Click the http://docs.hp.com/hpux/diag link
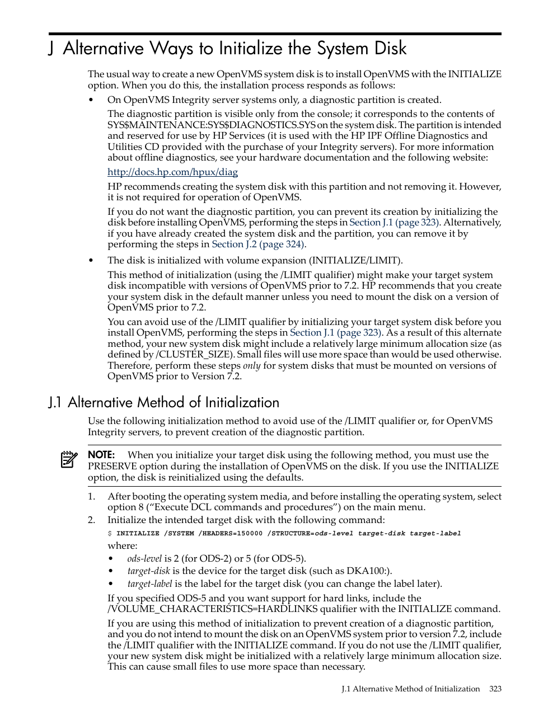(172, 172)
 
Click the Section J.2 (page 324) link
(258, 244)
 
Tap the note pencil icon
(69, 459)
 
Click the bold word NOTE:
(101, 455)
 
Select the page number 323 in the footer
(495, 689)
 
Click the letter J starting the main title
(51, 49)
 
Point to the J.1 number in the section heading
(55, 403)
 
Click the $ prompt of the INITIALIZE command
(110, 534)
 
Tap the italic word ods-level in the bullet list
(144, 559)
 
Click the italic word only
(251, 366)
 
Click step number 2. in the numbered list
(92, 520)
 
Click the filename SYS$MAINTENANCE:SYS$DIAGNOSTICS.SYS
(210, 125)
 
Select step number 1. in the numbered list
(92, 497)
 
